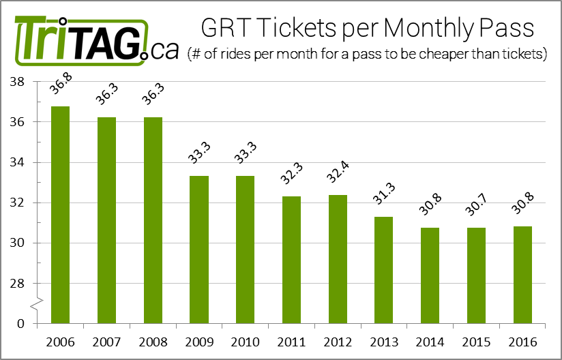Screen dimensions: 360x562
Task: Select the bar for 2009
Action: [x=198, y=250]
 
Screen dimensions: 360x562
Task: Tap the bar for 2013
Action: [x=385, y=270]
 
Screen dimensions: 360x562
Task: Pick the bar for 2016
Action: [x=524, y=275]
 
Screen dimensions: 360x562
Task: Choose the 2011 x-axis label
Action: [x=291, y=341]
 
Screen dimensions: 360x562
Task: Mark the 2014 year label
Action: [x=431, y=341]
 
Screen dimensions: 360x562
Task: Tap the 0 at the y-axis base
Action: [x=21, y=324]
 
